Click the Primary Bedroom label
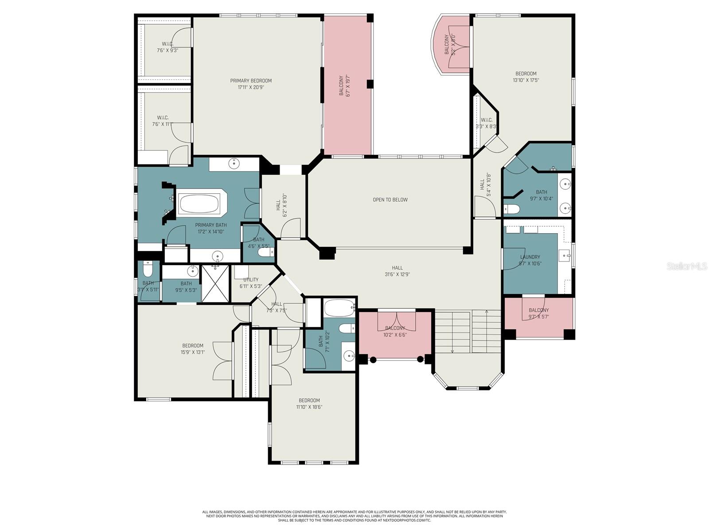click(251, 81)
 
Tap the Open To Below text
click(390, 199)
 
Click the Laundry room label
click(530, 257)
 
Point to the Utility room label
click(251, 280)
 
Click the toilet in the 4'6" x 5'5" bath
click(266, 252)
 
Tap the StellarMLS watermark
click(687, 266)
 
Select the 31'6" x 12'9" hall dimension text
click(397, 274)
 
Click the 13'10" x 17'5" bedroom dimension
click(526, 80)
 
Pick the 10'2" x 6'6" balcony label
click(395, 332)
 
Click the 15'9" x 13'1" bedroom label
click(193, 349)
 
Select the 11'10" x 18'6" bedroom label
click(309, 403)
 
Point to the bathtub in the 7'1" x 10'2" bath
click(339, 306)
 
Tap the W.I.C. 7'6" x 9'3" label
click(168, 47)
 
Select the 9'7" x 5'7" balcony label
click(538, 313)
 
